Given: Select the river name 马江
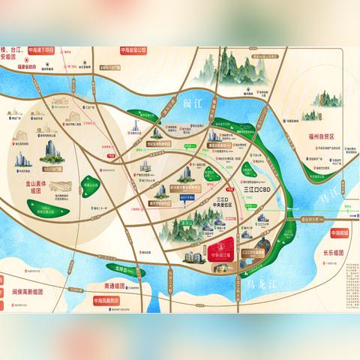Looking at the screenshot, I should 308,179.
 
